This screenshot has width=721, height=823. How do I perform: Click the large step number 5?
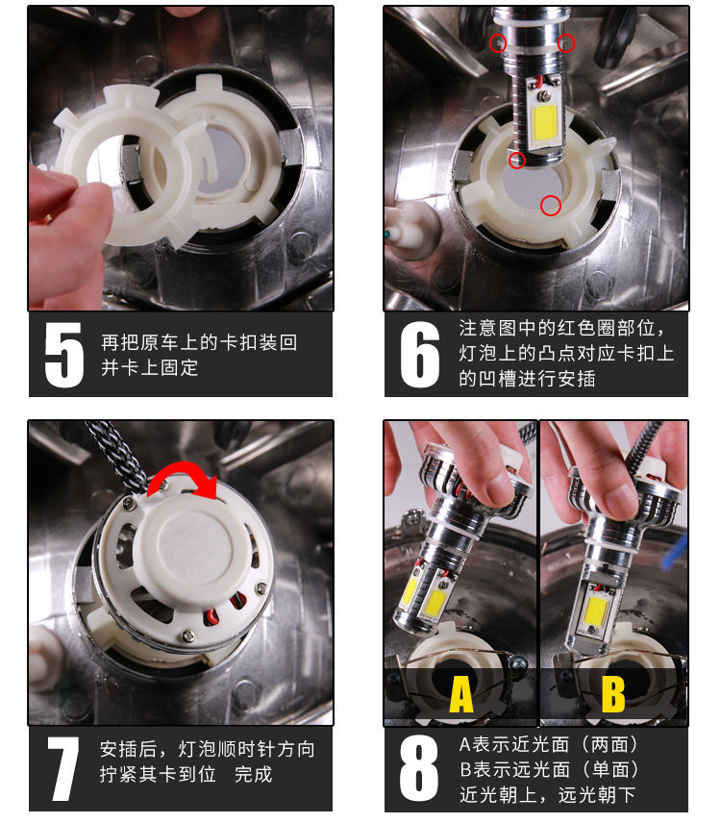click(x=63, y=355)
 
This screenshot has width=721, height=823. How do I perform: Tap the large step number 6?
click(x=419, y=355)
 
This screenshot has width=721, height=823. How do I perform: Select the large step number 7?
click(x=63, y=768)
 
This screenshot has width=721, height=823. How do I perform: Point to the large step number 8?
click(x=418, y=768)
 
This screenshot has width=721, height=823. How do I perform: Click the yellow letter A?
click(x=461, y=694)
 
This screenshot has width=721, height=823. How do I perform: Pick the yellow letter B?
click(x=613, y=694)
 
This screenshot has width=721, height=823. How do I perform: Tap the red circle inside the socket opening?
click(x=551, y=205)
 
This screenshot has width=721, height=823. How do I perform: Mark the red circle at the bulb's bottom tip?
click(x=517, y=160)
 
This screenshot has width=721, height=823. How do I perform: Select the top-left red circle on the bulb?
click(x=497, y=43)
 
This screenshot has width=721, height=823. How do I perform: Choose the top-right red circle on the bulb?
click(x=565, y=43)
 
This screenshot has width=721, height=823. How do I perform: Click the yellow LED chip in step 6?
click(x=545, y=121)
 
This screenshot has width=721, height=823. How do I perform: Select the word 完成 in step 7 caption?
click(x=254, y=775)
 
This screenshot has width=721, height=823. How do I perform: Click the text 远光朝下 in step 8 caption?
click(x=597, y=795)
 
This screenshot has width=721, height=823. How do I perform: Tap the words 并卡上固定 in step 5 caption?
click(x=150, y=367)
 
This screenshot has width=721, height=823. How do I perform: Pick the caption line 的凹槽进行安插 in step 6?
click(x=527, y=379)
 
